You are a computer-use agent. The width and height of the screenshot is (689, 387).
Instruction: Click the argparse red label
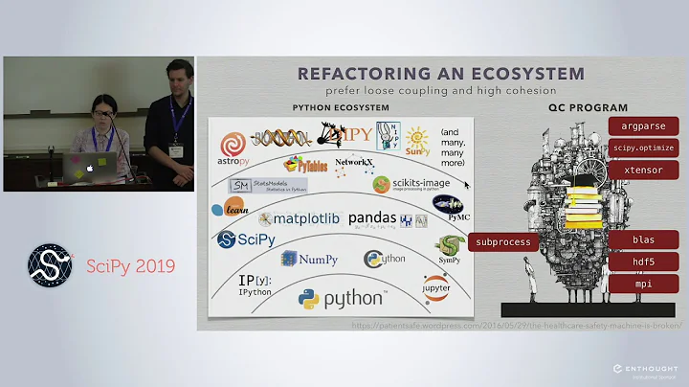click(x=642, y=126)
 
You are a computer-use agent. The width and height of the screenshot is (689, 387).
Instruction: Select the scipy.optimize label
click(x=642, y=148)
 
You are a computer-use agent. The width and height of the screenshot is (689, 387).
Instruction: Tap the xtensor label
click(x=642, y=169)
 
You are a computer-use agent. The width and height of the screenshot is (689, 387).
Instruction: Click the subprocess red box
click(x=503, y=242)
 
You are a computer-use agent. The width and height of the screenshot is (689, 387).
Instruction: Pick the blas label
click(x=642, y=239)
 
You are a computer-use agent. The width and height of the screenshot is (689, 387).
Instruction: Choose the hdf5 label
click(x=642, y=262)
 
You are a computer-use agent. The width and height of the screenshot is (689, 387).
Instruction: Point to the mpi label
click(x=642, y=284)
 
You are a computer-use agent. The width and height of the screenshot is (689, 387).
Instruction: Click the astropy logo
click(x=234, y=149)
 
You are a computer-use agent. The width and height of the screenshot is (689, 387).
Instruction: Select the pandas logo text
click(x=371, y=218)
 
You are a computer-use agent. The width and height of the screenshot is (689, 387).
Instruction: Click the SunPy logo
click(x=418, y=141)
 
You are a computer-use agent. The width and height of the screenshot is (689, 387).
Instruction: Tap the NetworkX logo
click(x=352, y=164)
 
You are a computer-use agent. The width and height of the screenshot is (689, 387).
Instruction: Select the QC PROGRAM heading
click(x=595, y=107)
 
